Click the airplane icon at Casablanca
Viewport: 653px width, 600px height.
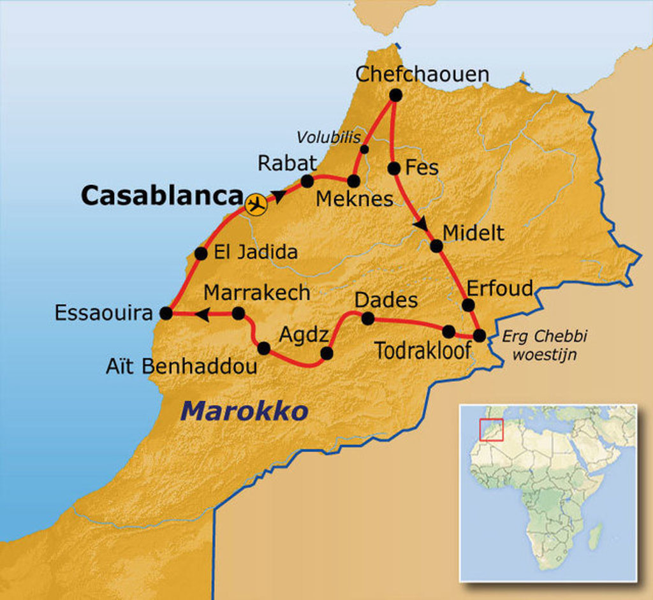(x=256, y=205)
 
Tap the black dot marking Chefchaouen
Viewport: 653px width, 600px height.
(x=395, y=95)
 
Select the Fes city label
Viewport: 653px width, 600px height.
(x=422, y=168)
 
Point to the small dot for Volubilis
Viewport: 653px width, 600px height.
(x=364, y=149)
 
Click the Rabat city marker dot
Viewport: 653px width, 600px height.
(x=307, y=181)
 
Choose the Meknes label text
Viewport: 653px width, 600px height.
(x=355, y=199)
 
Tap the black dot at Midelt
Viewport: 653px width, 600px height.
(x=436, y=245)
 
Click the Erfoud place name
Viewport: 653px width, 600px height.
(x=500, y=288)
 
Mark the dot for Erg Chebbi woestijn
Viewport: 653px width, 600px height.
(x=479, y=335)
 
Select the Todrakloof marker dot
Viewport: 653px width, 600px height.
(x=448, y=331)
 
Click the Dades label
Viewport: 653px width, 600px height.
(x=386, y=300)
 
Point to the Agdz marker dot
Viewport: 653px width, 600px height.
(x=326, y=353)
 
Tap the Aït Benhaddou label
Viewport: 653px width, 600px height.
(x=182, y=366)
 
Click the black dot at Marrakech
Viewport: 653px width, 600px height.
(x=238, y=313)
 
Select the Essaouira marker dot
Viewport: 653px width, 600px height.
(x=166, y=313)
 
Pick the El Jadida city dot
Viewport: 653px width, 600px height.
(x=201, y=253)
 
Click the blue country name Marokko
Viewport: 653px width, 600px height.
(x=244, y=411)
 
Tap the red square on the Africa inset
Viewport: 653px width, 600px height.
(x=491, y=429)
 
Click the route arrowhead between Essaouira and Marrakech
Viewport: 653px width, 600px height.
(x=203, y=314)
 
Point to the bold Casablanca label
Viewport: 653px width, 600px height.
(x=162, y=196)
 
